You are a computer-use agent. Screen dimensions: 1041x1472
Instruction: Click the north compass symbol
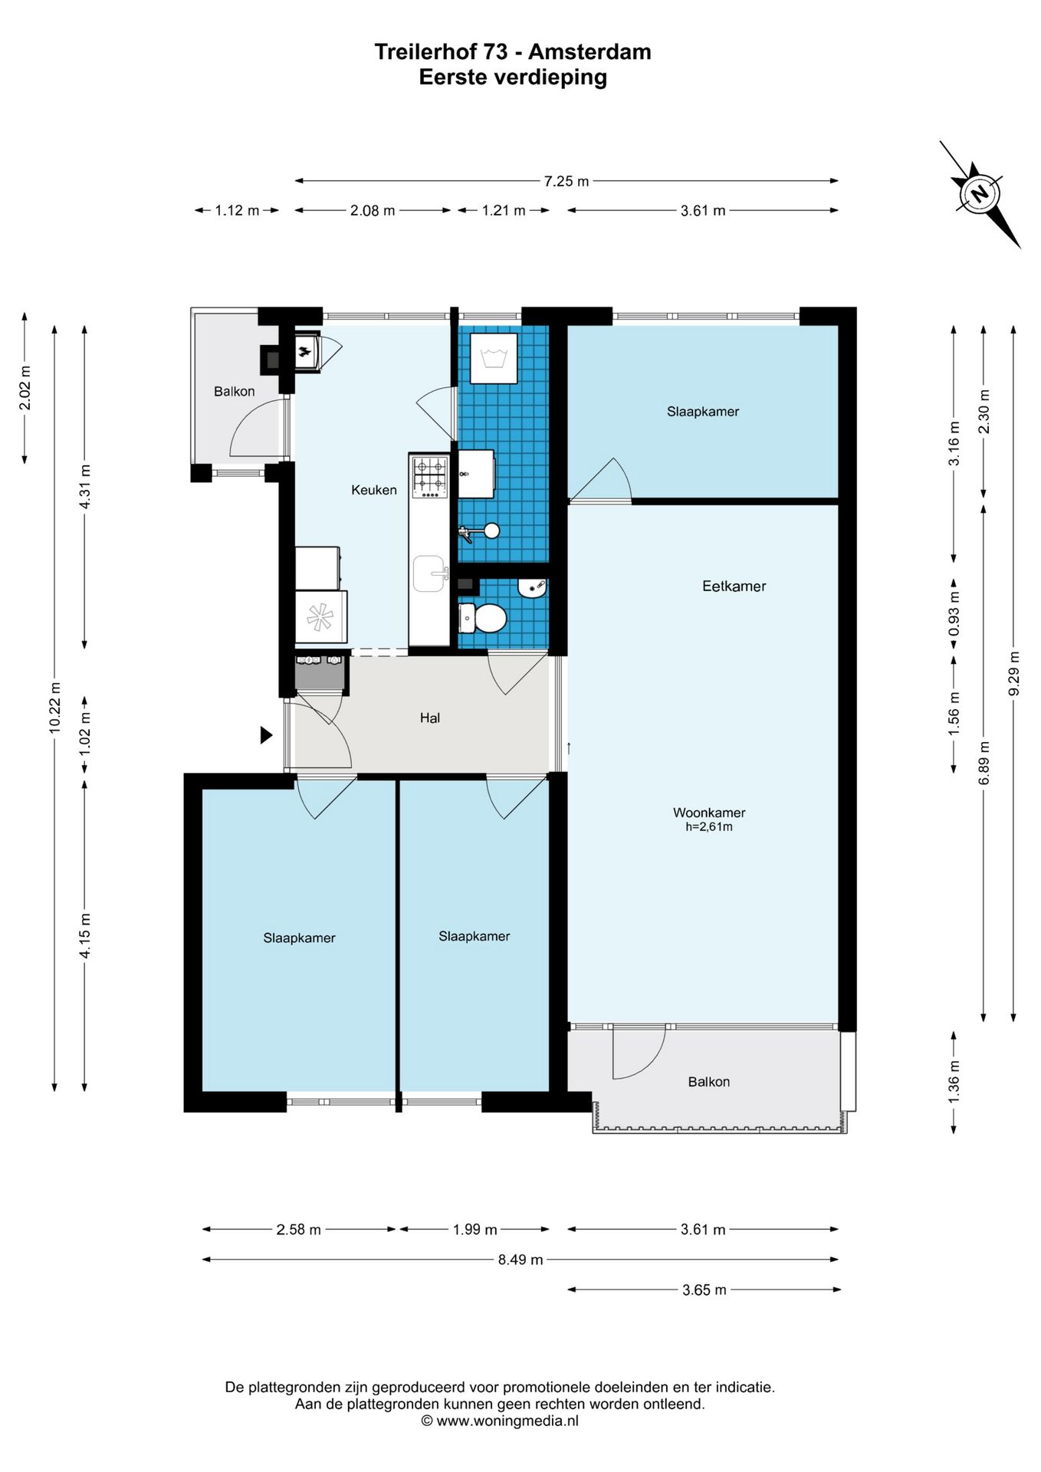980,194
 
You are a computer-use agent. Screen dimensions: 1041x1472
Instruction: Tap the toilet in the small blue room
483,617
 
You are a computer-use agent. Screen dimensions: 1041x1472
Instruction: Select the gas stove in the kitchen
430,477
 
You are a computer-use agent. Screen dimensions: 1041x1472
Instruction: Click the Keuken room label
374,490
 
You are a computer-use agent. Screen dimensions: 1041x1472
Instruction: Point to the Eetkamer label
734,586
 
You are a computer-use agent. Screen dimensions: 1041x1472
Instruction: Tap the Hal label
430,718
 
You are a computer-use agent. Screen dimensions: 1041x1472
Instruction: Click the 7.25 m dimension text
566,181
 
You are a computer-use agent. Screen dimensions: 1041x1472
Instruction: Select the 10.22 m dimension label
54,708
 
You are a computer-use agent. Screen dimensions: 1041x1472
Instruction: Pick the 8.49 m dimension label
520,1260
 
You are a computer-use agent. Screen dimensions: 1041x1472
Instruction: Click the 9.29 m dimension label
1014,673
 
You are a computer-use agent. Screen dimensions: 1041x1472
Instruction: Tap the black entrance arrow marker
266,735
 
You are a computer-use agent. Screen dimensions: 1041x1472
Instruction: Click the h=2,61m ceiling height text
709,827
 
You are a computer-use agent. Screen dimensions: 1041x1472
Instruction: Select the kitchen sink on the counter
430,574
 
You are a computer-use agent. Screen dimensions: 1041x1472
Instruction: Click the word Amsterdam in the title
590,52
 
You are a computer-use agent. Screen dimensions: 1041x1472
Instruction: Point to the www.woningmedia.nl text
507,1421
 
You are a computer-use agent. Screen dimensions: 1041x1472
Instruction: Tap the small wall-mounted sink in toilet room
532,588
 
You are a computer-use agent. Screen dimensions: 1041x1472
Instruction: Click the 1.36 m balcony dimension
954,1083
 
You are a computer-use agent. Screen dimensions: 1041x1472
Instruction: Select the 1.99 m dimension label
475,1230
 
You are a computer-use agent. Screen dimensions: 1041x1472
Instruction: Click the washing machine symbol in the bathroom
494,358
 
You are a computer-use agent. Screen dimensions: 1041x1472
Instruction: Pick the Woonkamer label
709,813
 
